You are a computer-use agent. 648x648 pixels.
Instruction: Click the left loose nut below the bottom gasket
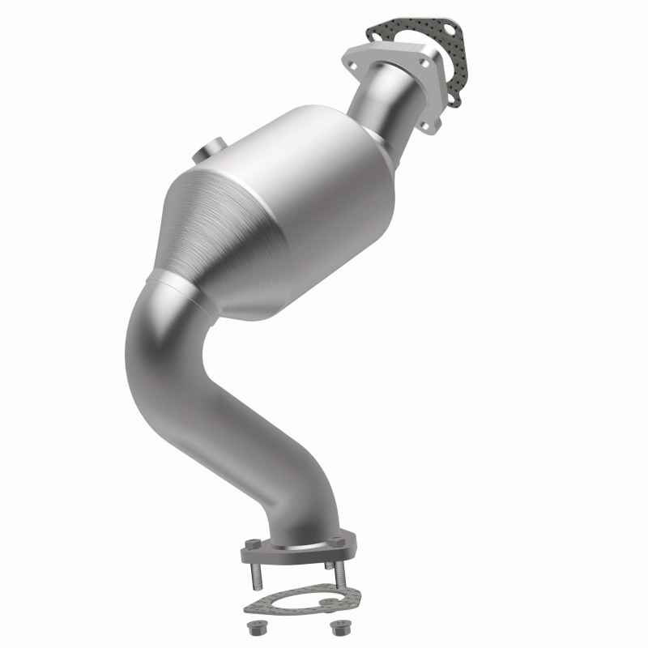[257, 628]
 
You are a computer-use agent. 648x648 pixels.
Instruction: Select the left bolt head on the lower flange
[253, 544]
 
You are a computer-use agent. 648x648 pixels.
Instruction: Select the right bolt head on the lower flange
[335, 541]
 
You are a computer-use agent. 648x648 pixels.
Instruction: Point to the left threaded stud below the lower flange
[257, 576]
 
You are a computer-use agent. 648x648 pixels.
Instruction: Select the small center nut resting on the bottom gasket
[329, 601]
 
